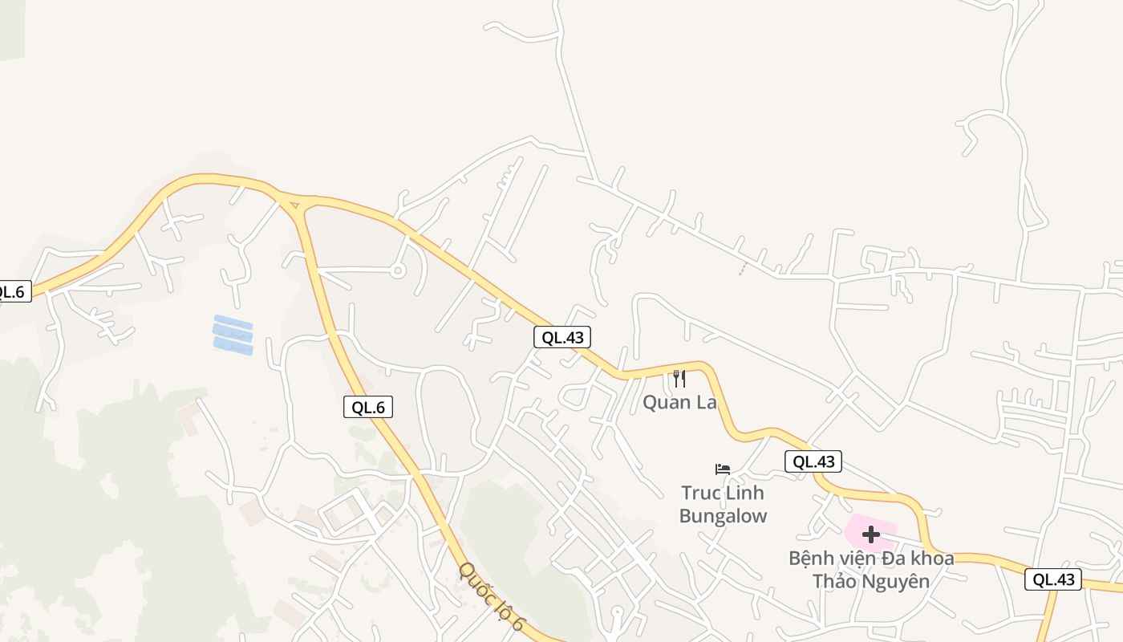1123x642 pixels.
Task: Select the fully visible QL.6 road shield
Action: [x=368, y=407]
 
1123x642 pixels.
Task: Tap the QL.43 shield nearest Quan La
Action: [x=562, y=337]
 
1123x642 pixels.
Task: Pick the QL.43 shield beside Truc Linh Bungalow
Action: [x=813, y=461]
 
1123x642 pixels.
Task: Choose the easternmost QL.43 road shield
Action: [x=1052, y=579]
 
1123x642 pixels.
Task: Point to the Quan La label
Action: [x=679, y=402]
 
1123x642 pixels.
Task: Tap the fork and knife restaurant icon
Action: [x=679, y=378]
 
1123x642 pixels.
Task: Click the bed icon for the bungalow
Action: [x=723, y=469]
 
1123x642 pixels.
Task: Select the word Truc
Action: [x=700, y=493]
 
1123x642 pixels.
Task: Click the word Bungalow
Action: [x=723, y=516]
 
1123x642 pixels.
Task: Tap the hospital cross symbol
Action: [x=870, y=534]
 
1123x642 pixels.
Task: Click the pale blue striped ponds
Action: [x=233, y=335]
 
